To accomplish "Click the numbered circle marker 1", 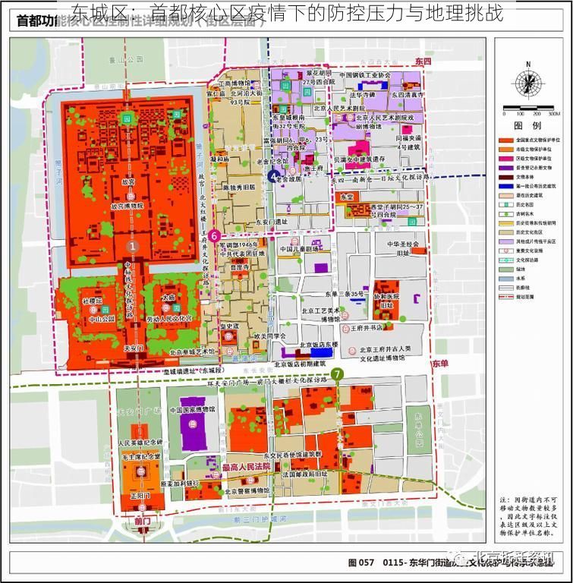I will click(x=132, y=246).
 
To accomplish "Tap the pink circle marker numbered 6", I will click(x=215, y=235).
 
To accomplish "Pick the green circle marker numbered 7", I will click(x=336, y=373).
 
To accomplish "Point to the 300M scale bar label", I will click(x=553, y=114).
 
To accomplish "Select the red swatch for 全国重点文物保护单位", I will click(x=503, y=141).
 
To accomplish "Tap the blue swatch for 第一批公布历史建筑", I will click(x=503, y=186).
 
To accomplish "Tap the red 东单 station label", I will click(x=441, y=365).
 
